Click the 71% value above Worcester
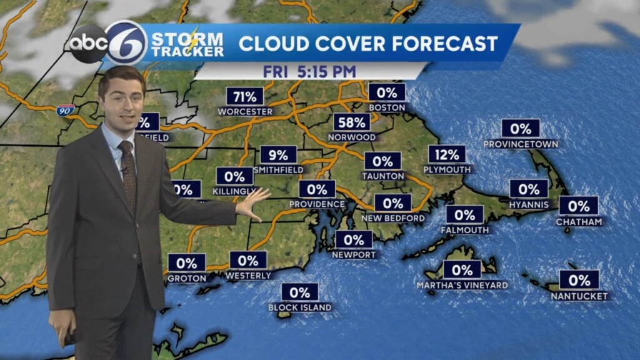click(244, 96)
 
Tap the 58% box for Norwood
click(351, 122)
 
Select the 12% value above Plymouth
click(447, 154)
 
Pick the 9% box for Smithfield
click(278, 154)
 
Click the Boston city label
click(387, 107)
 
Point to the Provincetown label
click(521, 144)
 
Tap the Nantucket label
click(579, 296)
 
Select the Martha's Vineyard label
click(462, 286)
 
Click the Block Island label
click(300, 307)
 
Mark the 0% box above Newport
click(354, 239)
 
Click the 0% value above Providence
click(317, 189)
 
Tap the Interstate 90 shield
click(65, 110)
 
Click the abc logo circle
click(87, 44)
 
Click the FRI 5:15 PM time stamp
click(309, 71)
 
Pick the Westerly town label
click(248, 276)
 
